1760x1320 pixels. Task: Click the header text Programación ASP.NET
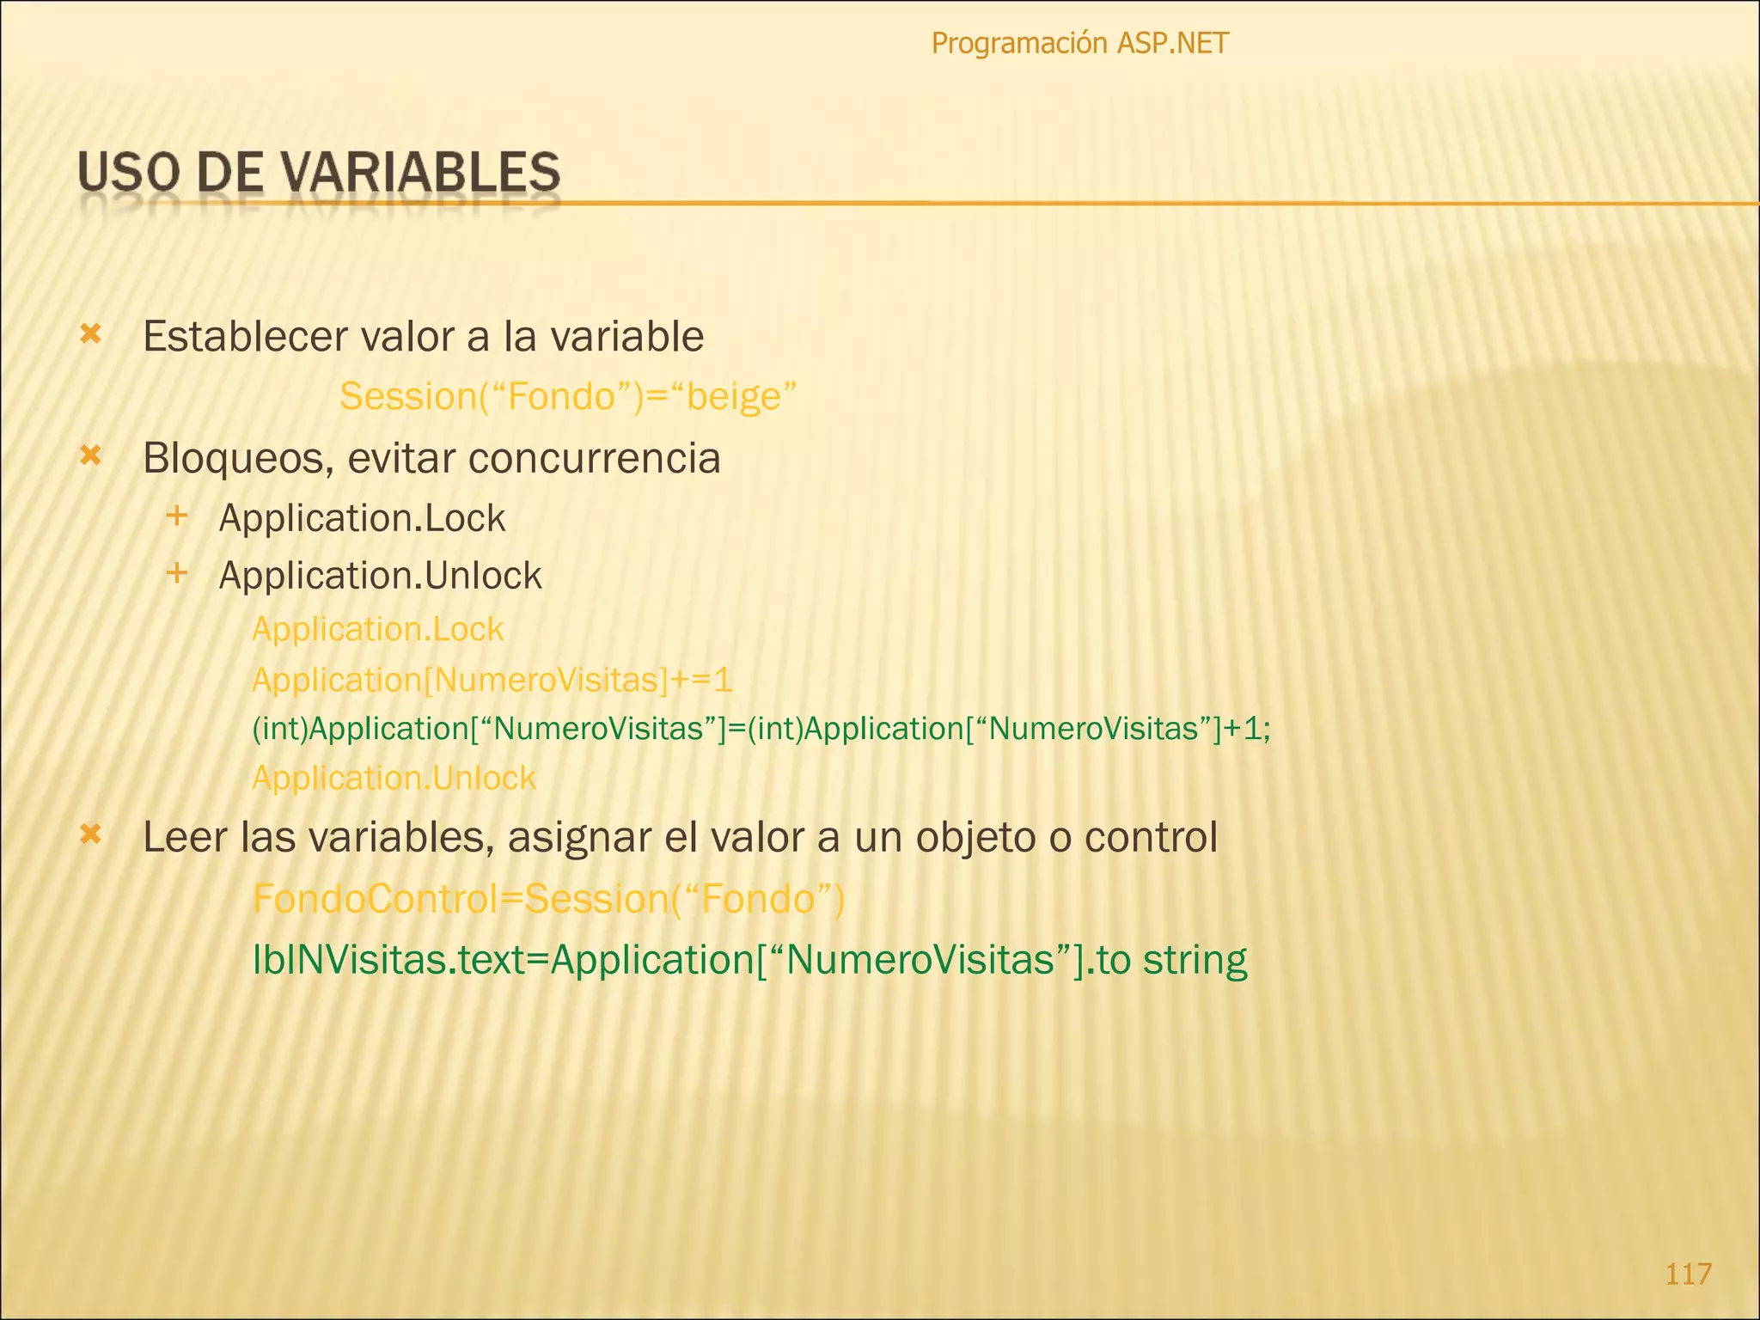[1079, 43]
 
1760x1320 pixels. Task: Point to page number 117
[1688, 1273]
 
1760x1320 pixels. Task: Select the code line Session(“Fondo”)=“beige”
[568, 396]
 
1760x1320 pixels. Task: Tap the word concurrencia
[594, 458]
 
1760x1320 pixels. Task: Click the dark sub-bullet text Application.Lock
[362, 518]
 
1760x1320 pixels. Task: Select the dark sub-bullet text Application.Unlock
[380, 576]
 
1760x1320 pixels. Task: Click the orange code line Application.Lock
[377, 630]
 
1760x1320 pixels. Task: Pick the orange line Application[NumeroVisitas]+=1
[492, 680]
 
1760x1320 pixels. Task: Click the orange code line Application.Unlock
[394, 779]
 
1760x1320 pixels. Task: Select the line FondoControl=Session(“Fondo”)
[549, 899]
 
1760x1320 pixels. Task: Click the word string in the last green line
[1195, 960]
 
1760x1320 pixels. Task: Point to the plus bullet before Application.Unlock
[177, 572]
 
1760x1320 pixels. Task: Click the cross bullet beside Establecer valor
[90, 334]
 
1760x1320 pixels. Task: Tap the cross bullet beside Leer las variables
[90, 834]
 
